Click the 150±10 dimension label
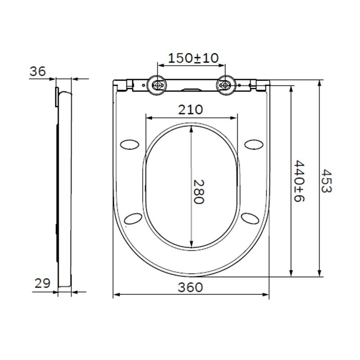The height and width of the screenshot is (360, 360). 193,58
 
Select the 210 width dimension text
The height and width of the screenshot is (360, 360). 191,109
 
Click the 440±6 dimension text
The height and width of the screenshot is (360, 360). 298,180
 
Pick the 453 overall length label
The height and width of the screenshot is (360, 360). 326,180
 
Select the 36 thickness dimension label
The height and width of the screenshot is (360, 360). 37,71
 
